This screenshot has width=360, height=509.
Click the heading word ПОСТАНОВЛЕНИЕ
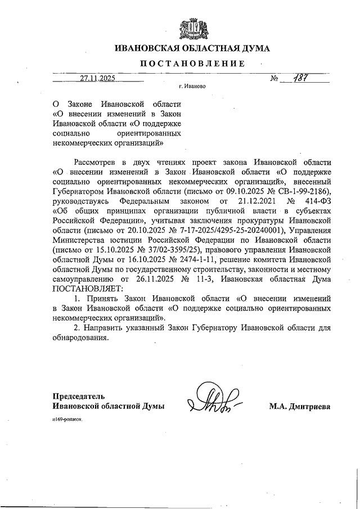tap(192, 64)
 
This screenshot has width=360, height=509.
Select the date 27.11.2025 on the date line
tap(97, 79)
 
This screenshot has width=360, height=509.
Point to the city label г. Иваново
tap(192, 88)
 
